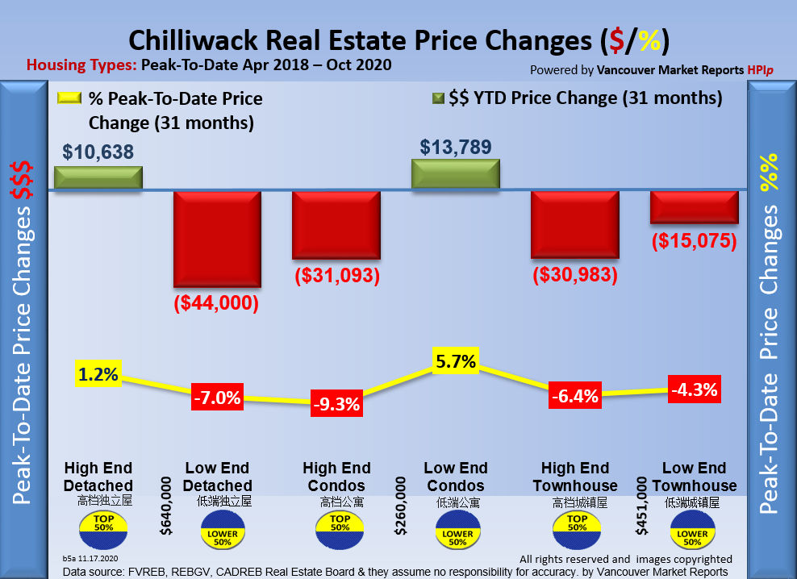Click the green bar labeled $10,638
(98, 177)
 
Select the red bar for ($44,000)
(217, 239)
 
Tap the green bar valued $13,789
(456, 173)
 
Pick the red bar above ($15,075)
(695, 206)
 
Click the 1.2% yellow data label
(98, 374)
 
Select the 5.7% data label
(456, 361)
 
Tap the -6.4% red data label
(575, 396)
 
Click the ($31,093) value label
(336, 275)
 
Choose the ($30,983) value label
(575, 275)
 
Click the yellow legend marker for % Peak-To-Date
(69, 99)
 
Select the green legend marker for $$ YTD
(439, 99)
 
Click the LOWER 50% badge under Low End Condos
(456, 533)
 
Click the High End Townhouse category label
(575, 477)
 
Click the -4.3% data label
(695, 390)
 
